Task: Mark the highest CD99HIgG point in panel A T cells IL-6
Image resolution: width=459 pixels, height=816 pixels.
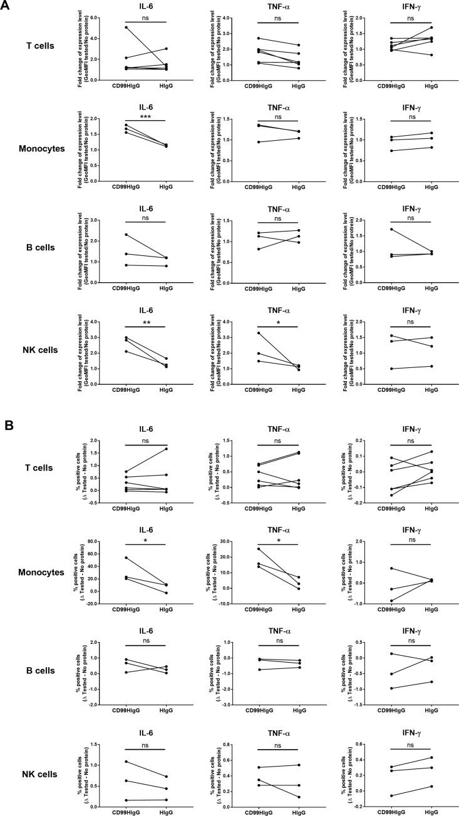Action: (x=108, y=28)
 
